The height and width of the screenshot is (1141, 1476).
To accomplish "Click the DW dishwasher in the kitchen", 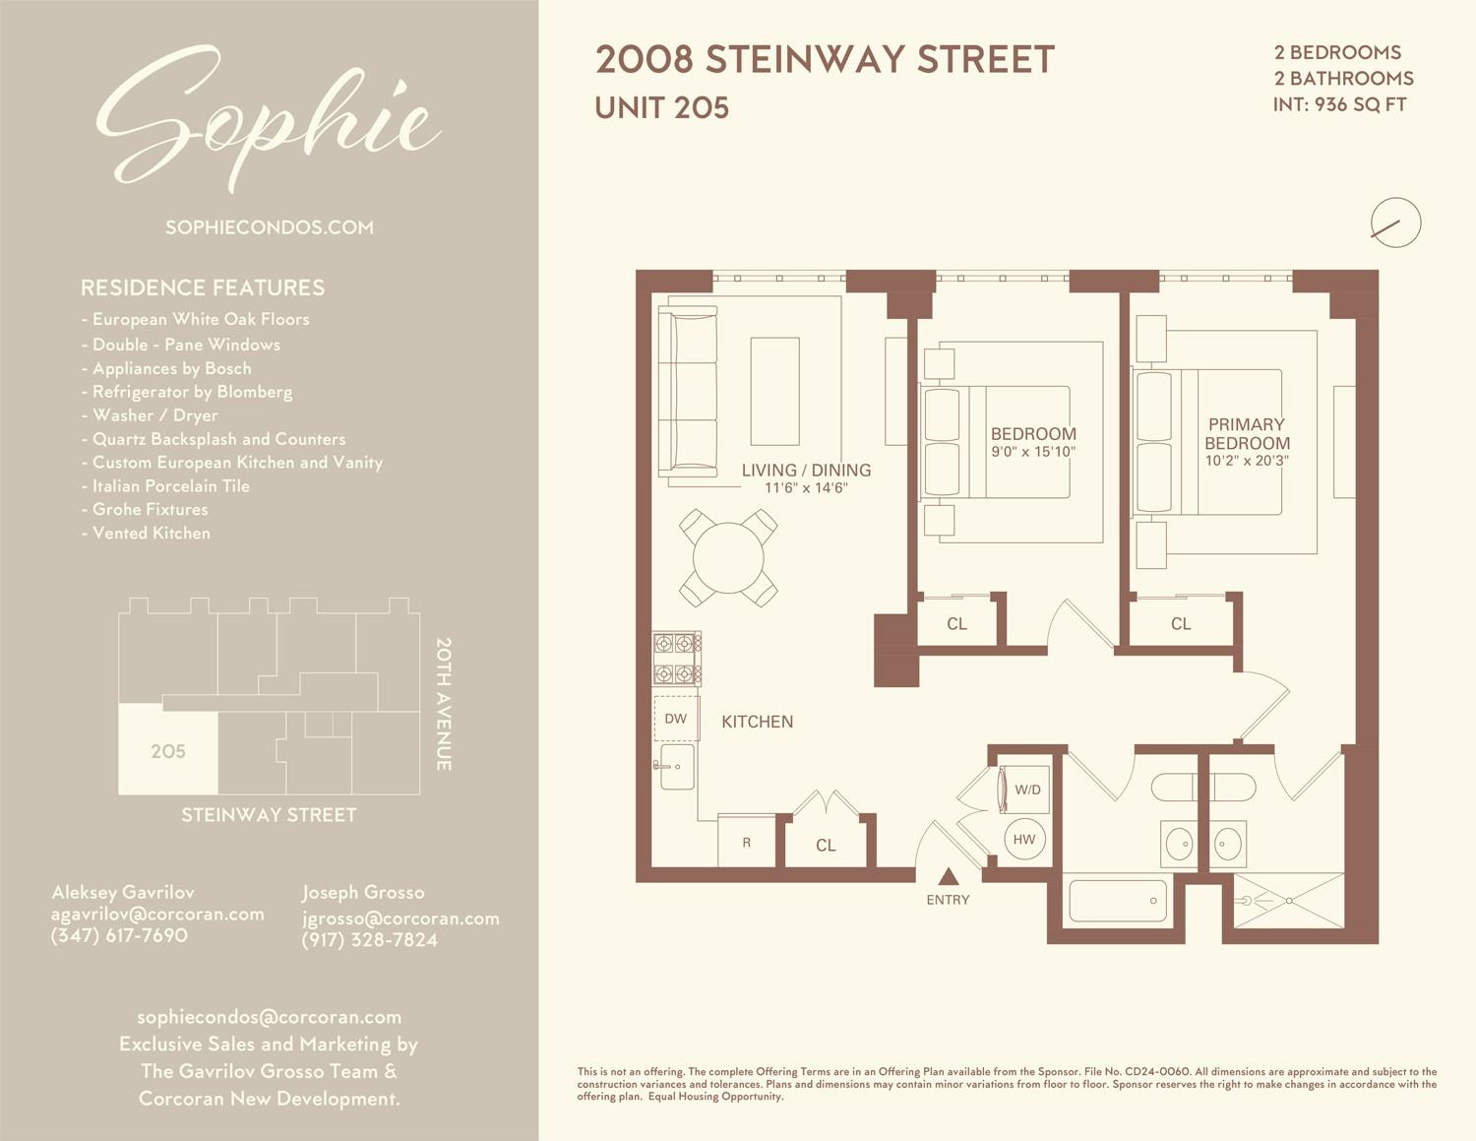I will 676,719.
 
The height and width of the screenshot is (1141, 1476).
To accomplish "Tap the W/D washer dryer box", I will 1026,790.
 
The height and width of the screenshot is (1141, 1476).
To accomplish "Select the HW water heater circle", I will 1024,840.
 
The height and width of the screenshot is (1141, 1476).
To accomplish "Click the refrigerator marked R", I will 747,842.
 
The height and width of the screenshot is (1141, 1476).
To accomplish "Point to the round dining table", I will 728,558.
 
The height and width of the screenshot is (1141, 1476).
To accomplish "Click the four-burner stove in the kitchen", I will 677,659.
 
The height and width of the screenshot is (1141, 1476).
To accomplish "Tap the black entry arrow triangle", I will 948,876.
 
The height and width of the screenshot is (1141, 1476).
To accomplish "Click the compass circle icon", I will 1395,222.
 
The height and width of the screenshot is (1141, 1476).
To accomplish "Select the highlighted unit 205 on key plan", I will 168,750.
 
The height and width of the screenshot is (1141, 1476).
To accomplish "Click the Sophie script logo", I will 268,118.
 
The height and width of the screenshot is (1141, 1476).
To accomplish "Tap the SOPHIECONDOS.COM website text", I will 270,227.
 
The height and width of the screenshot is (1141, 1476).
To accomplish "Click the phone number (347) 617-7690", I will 119,935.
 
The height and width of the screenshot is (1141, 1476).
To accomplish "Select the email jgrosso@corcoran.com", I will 400,918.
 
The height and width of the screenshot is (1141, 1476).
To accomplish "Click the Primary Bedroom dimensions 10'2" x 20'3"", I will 1247,461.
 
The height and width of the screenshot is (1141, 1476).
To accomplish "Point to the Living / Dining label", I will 806,471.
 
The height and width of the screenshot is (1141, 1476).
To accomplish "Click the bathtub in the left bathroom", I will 1117,900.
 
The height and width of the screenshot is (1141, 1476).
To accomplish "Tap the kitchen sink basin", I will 677,766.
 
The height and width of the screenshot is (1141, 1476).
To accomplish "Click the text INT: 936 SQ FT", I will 1339,104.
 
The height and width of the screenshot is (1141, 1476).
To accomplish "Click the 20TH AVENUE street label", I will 444,704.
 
